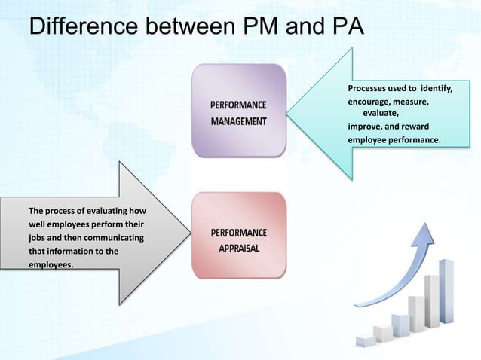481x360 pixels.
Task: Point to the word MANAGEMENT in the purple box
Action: (x=237, y=121)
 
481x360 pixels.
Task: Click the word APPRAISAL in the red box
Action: (x=239, y=248)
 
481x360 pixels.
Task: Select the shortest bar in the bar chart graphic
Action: (x=366, y=341)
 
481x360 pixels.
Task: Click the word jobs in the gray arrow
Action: (x=36, y=238)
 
